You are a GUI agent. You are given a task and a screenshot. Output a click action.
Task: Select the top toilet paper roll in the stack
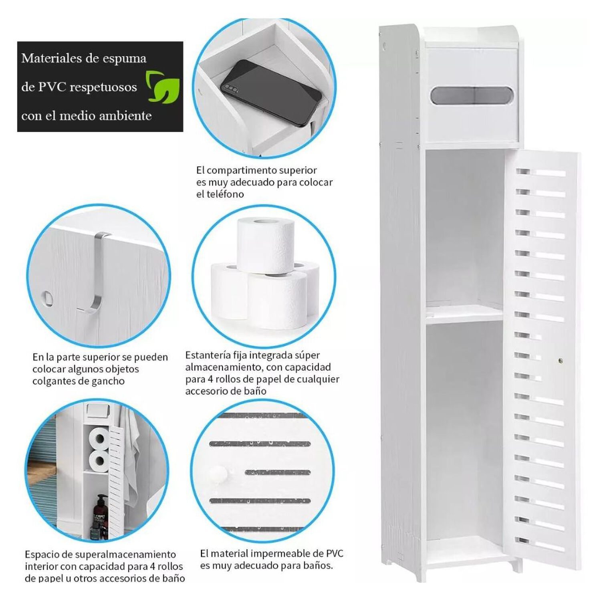point(265,244)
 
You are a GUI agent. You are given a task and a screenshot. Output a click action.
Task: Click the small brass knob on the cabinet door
point(560,361)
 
